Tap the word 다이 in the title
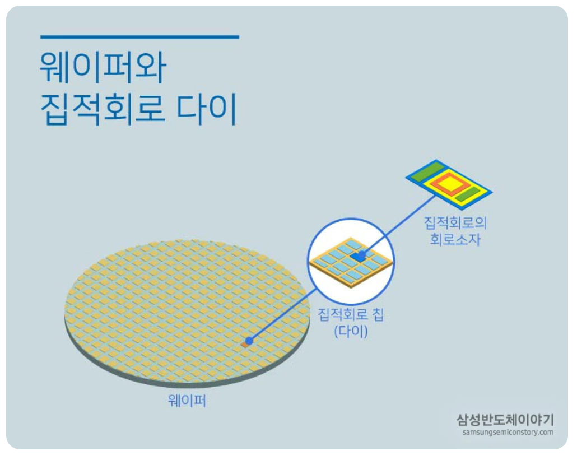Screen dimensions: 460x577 pos(207,110)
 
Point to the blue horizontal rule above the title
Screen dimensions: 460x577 pos(139,38)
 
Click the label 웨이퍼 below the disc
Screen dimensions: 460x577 pos(187,401)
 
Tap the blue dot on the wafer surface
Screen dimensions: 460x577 pos(249,340)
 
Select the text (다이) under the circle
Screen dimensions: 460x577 pos(351,331)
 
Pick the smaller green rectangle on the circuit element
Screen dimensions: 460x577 pos(467,194)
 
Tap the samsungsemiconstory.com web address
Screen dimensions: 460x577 pos(508,433)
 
